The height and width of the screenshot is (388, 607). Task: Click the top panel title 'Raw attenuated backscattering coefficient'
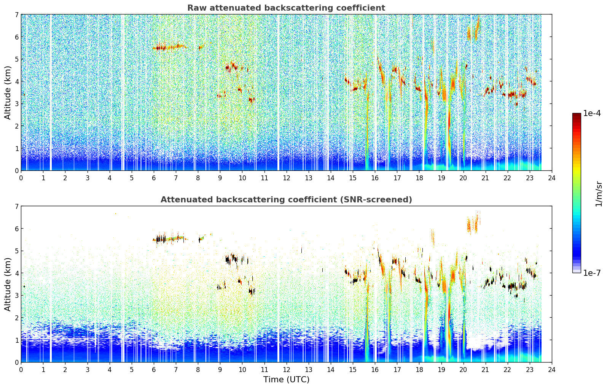tap(286, 8)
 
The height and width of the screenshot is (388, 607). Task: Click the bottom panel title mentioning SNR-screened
tap(286, 200)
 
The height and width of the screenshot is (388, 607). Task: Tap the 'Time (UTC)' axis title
tap(286, 380)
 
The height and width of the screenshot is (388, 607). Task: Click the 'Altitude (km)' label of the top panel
tap(8, 93)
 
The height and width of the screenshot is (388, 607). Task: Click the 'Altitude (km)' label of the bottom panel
tap(8, 285)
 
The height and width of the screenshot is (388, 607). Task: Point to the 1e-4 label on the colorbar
tap(592, 113)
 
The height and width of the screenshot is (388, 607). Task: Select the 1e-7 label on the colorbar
tap(592, 273)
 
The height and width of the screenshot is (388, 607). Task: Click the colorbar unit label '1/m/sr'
tap(599, 194)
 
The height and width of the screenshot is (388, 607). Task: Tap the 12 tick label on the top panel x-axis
tap(287, 178)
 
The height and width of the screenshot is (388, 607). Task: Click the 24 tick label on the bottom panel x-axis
tap(552, 370)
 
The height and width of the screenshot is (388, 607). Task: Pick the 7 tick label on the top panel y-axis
tap(17, 14)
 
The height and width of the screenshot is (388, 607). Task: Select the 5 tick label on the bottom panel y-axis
tap(17, 251)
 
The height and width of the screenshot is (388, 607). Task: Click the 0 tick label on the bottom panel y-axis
tap(17, 362)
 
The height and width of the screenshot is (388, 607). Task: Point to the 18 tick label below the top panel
tap(419, 178)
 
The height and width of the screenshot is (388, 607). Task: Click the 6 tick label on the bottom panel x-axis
tap(154, 370)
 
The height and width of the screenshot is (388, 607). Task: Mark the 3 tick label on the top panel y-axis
tap(17, 104)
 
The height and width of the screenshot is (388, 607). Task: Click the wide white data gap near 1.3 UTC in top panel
tap(51, 92)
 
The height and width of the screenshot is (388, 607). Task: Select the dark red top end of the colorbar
tap(577, 115)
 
